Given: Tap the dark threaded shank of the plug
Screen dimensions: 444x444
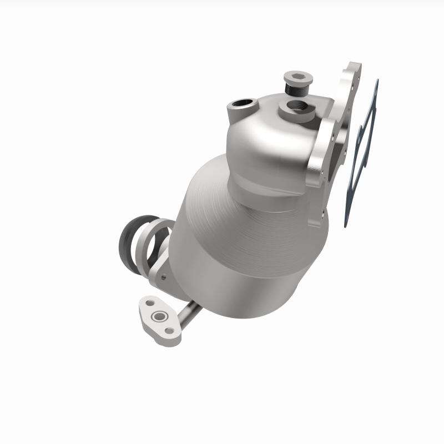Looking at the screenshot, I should click(x=295, y=88).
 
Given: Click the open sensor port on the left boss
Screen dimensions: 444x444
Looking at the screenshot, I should click(x=243, y=103).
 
